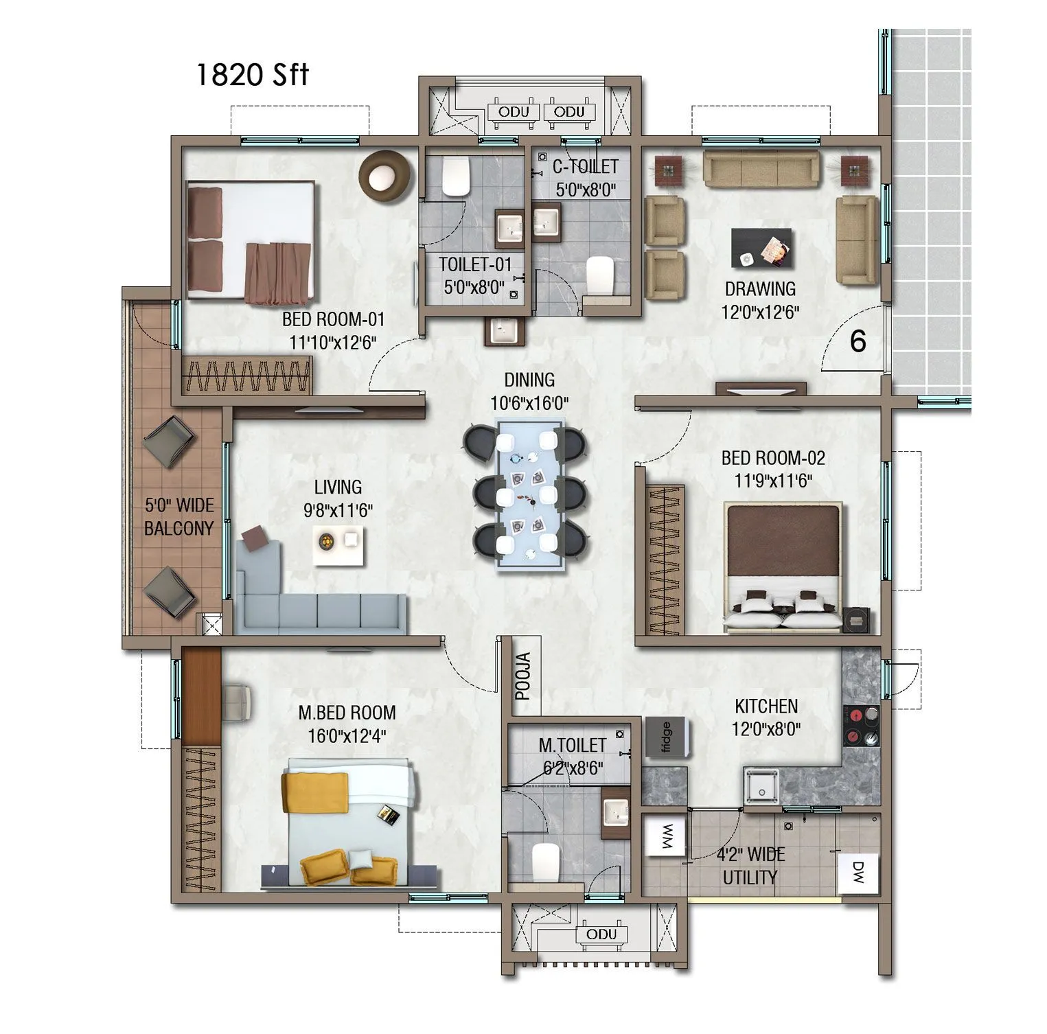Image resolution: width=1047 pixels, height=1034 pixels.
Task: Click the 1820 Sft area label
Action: tap(252, 75)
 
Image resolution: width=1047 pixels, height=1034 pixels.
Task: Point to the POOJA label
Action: tap(523, 677)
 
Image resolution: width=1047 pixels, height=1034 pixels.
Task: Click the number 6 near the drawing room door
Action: tap(858, 341)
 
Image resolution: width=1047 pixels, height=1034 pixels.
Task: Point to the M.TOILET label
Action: tap(572, 745)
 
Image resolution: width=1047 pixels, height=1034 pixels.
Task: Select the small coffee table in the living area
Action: tap(339, 546)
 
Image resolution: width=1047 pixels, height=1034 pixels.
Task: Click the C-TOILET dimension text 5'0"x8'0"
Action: tap(586, 189)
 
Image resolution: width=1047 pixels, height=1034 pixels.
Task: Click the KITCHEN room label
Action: tap(766, 706)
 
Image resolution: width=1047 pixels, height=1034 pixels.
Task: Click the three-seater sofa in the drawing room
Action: tap(761, 169)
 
